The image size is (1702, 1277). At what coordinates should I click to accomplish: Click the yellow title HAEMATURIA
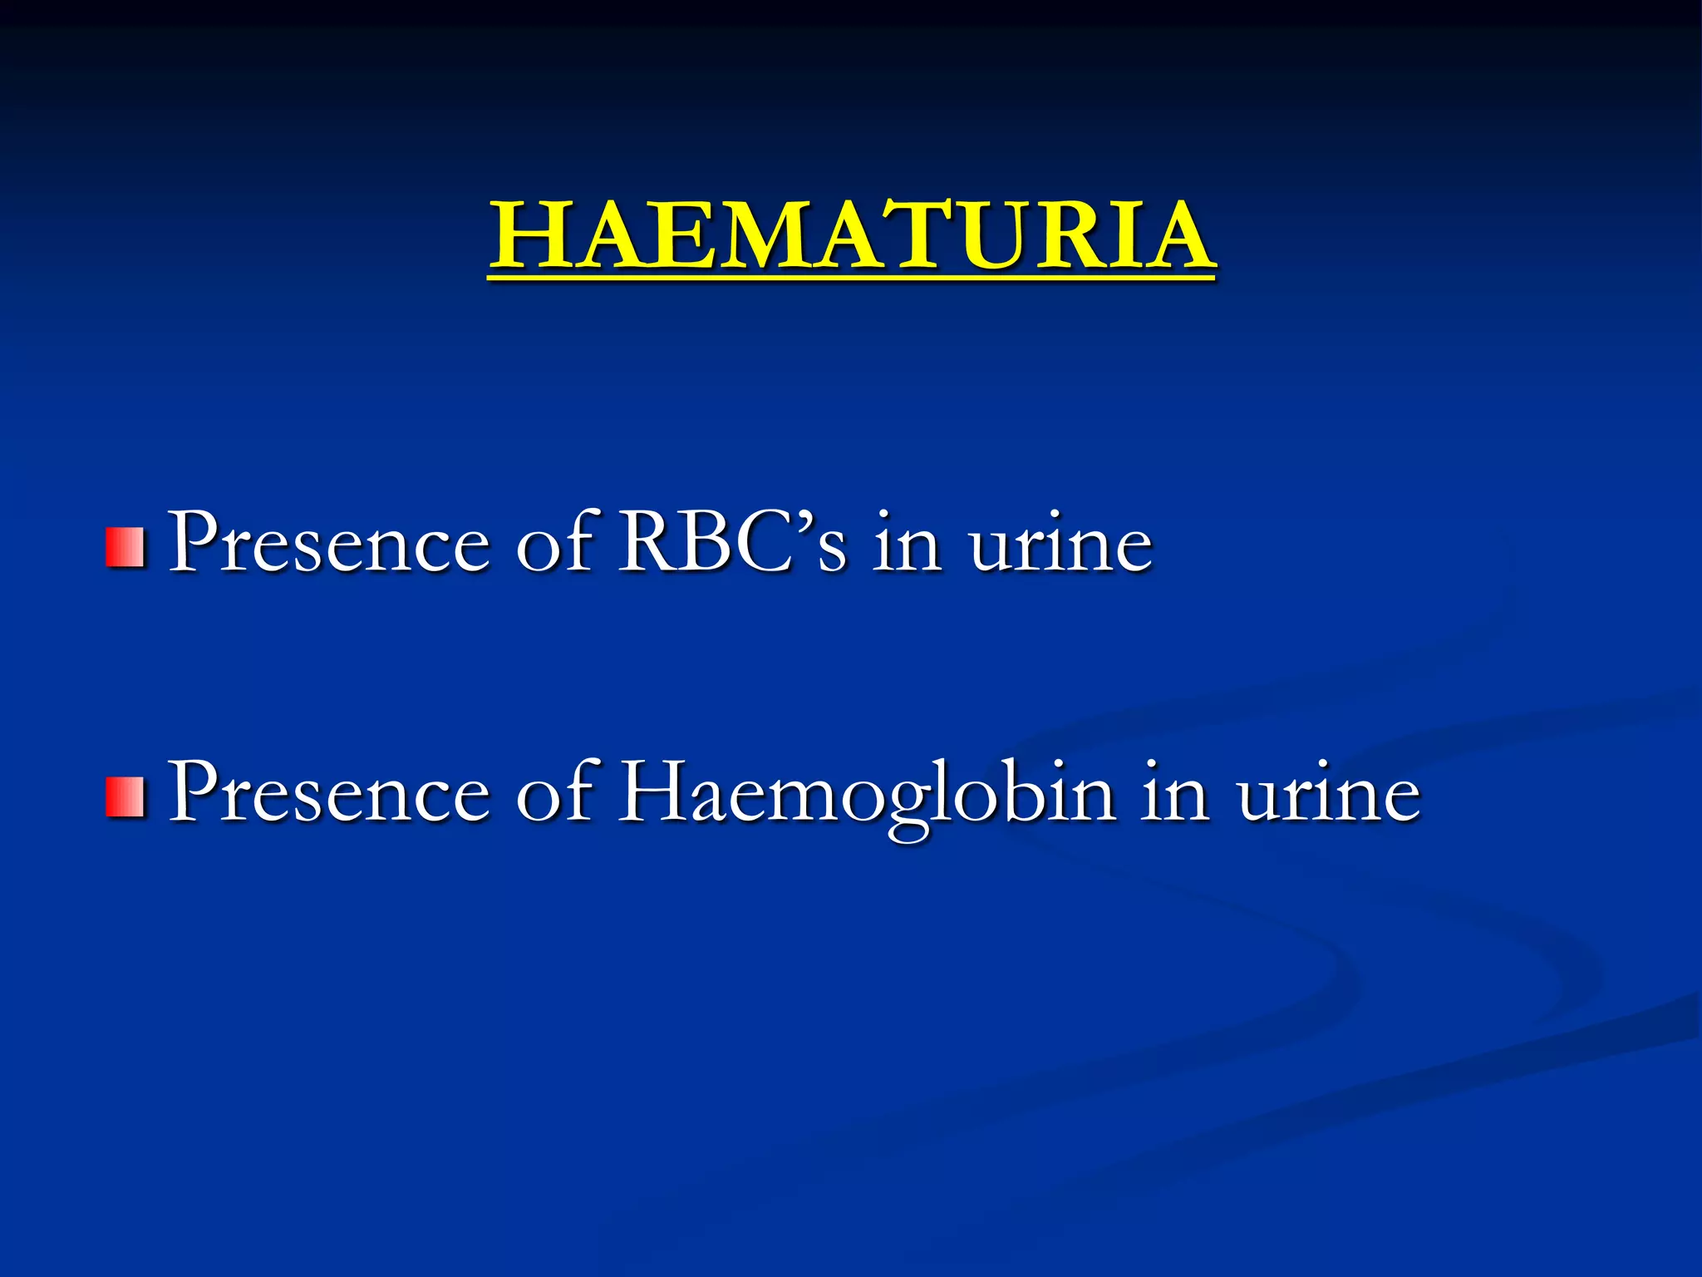point(852,237)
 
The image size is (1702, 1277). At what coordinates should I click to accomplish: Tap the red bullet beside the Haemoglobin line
point(125,796)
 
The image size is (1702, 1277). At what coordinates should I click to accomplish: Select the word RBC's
point(731,542)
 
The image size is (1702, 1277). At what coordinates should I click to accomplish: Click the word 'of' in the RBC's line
point(554,542)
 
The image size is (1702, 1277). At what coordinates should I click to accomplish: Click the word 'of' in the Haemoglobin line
point(554,791)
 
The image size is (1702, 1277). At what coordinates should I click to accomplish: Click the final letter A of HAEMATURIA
point(1174,237)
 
